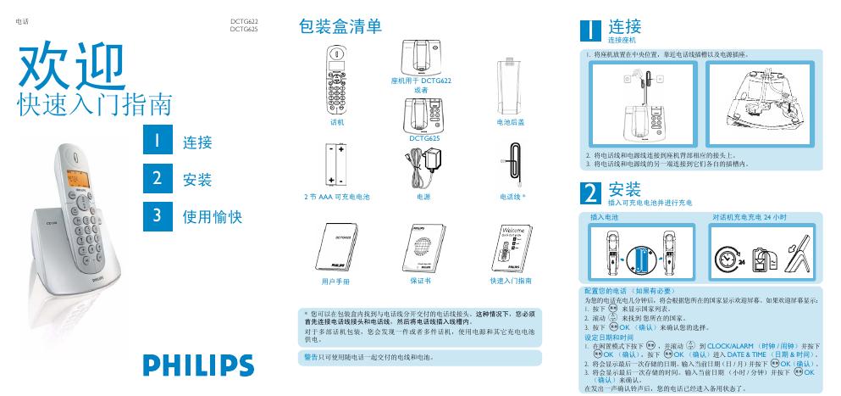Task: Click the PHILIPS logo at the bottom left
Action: pyautogui.click(x=198, y=365)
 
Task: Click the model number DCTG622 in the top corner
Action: pyautogui.click(x=244, y=21)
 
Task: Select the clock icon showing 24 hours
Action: pyautogui.click(x=728, y=257)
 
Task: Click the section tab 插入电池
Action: pyautogui.click(x=604, y=218)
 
